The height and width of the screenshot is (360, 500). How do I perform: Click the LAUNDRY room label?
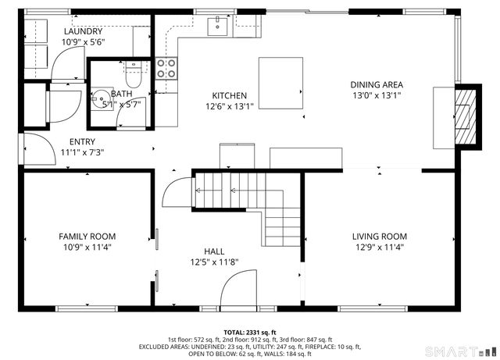[x=82, y=30]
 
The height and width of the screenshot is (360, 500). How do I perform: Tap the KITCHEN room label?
[x=227, y=95]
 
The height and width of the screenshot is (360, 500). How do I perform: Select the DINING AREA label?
[x=377, y=85]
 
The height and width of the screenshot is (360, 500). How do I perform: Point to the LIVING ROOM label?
[x=379, y=236]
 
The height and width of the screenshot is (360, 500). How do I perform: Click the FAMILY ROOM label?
[x=87, y=236]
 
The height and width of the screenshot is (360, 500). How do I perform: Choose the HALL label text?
[x=215, y=251]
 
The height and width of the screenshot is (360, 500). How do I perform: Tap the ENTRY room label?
[x=82, y=141]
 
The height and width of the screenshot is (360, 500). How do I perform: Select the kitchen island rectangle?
[x=280, y=84]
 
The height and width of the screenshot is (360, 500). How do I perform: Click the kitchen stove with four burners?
[x=166, y=68]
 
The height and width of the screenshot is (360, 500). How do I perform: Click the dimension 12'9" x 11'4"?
[x=379, y=248]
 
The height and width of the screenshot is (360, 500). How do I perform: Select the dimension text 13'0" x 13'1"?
[x=377, y=97]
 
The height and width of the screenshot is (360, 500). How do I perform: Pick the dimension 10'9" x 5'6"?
[x=82, y=42]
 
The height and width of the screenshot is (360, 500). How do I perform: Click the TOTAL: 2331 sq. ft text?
[x=249, y=332]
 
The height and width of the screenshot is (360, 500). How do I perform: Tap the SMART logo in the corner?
[x=461, y=349]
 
